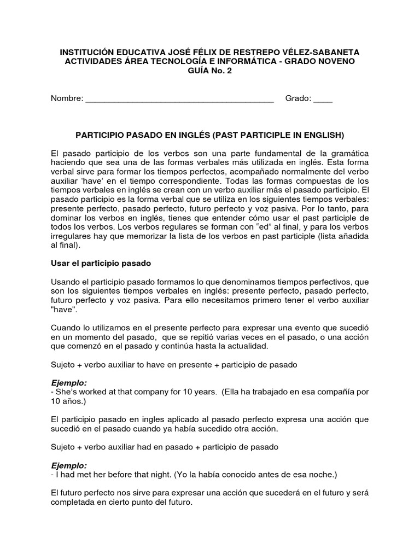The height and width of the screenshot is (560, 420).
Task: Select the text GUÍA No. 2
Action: point(210,70)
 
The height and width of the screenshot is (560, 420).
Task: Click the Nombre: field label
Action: point(67,98)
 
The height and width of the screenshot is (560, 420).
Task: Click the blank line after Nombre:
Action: point(180,100)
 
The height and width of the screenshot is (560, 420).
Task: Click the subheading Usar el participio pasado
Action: point(101,262)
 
